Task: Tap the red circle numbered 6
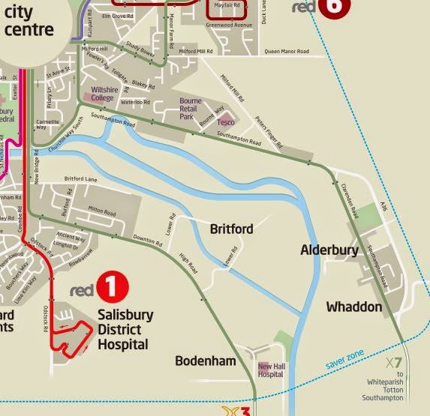(332, 6)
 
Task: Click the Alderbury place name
(329, 250)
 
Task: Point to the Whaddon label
(354, 307)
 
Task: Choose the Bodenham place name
(206, 361)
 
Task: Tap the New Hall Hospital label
(271, 369)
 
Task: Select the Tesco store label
(226, 121)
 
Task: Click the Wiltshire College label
(103, 94)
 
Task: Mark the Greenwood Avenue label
(230, 25)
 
